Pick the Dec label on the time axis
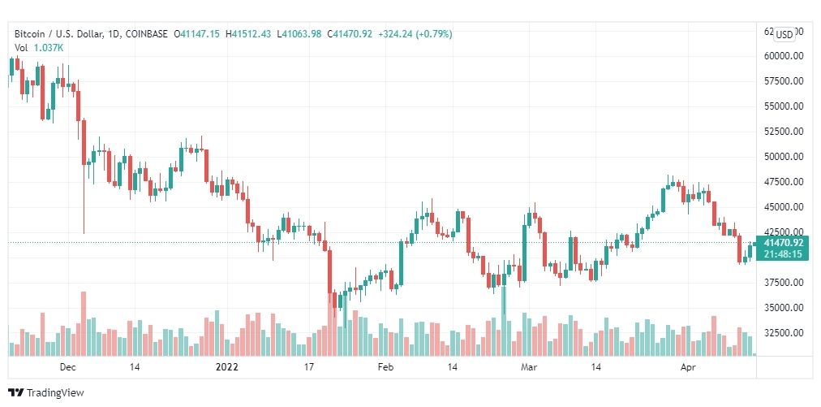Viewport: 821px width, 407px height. pyautogui.click(x=68, y=367)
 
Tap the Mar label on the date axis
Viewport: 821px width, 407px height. pyautogui.click(x=530, y=367)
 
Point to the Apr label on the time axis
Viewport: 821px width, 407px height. pyautogui.click(x=687, y=367)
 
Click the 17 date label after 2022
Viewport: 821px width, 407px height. pyautogui.click(x=308, y=367)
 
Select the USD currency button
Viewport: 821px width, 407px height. pyautogui.click(x=784, y=34)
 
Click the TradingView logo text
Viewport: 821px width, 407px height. pyautogui.click(x=55, y=392)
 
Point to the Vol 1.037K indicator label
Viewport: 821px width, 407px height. pyautogui.click(x=39, y=48)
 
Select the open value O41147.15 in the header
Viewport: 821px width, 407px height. pyautogui.click(x=199, y=34)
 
